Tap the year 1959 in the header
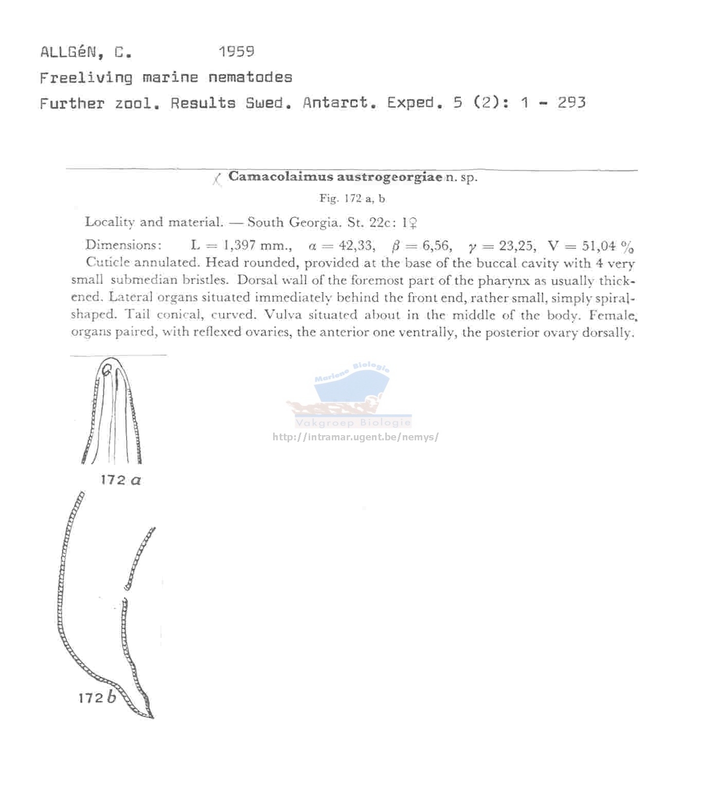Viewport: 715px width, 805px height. pos(236,51)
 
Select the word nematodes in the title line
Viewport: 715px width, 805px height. pos(250,78)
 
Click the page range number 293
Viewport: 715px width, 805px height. pos(571,102)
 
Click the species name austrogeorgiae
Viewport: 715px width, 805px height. pos(389,177)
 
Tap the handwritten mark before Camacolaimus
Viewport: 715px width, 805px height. pos(217,179)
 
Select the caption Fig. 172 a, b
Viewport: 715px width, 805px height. pos(352,199)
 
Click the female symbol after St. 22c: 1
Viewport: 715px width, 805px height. pos(412,223)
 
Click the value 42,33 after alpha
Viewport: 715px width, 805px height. pos(356,245)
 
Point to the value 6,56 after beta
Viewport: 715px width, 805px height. pos(437,245)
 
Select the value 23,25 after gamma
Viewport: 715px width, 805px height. pos(516,245)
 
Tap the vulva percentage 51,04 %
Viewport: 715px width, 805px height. pos(607,246)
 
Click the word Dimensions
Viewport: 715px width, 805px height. pos(123,245)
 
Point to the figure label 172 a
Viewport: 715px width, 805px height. pos(121,480)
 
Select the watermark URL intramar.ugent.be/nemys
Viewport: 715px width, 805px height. pos(355,437)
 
